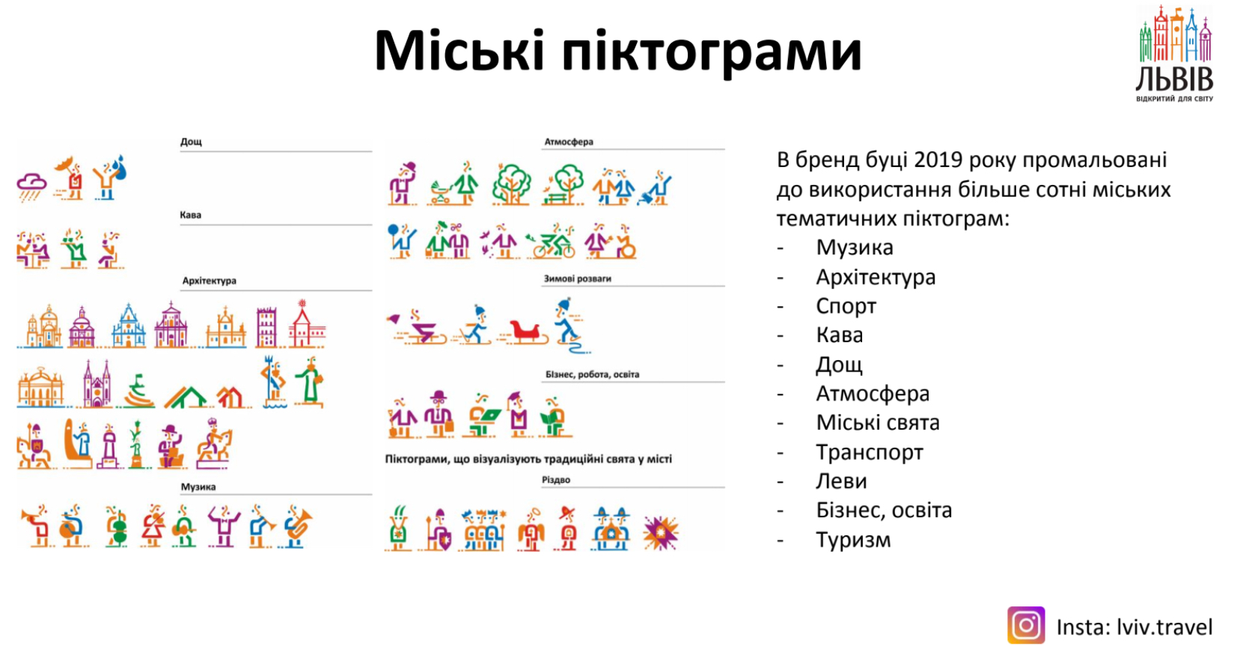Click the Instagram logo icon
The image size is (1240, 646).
point(1026,625)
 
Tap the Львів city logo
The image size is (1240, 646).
point(1175,54)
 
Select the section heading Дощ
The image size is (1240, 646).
point(191,141)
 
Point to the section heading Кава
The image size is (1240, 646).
point(190,215)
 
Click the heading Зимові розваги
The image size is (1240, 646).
point(578,278)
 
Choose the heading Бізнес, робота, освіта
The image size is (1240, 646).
point(593,374)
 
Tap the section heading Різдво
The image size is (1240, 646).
point(556,479)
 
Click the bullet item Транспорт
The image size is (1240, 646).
point(870,452)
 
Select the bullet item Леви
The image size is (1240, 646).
point(841,481)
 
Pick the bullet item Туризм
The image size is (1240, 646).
point(854,540)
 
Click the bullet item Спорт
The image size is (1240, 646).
point(846,306)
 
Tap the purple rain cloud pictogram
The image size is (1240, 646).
point(31,187)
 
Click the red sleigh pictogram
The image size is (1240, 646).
point(524,332)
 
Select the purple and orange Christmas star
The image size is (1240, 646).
point(661,532)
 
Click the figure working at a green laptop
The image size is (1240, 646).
point(482,415)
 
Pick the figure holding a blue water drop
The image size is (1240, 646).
point(110,177)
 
